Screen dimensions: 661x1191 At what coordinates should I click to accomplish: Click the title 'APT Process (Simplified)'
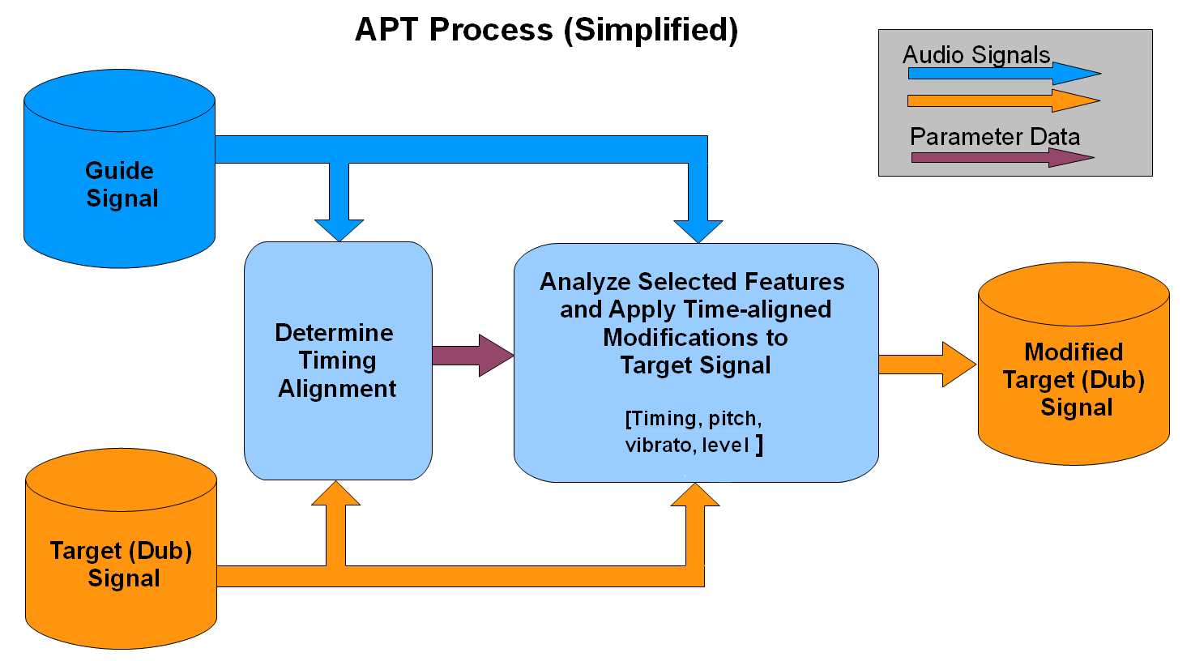click(547, 30)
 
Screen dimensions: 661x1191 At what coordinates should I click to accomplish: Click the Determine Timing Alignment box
click(338, 360)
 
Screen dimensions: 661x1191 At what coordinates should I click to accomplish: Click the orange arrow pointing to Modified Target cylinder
click(927, 365)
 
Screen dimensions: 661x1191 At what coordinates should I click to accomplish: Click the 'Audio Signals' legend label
click(976, 55)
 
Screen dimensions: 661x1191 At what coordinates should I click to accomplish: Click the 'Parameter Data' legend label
click(995, 136)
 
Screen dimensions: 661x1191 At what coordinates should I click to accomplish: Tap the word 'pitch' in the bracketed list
click(734, 419)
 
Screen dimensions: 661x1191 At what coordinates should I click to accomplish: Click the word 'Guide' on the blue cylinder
click(119, 171)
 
